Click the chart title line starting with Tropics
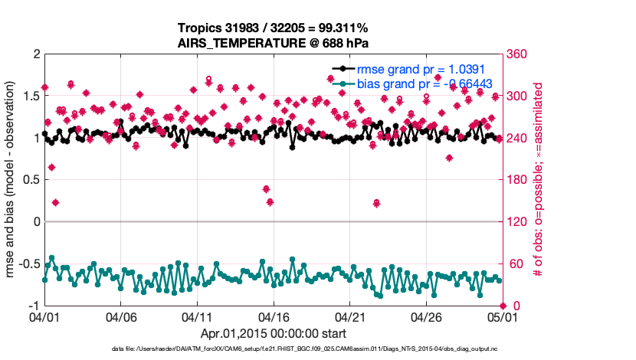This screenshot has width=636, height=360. (273, 28)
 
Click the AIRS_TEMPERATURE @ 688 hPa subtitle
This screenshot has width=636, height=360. (273, 43)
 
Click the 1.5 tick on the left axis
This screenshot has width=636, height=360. (31, 96)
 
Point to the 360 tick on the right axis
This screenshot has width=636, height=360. (515, 54)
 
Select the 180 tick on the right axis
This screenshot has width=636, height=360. (515, 180)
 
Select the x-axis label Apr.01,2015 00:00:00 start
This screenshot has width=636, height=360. (273, 334)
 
